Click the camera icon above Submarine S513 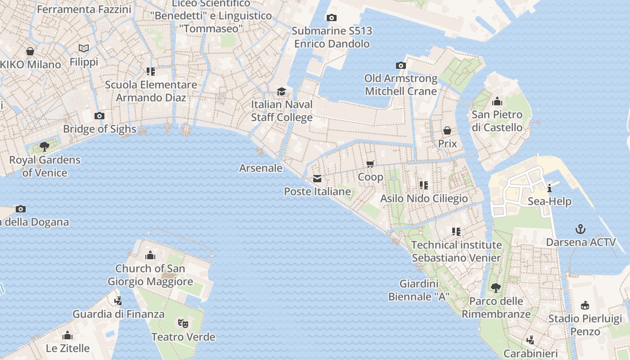coord(331,18)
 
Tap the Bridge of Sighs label coord(99,129)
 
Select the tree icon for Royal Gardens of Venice coord(45,146)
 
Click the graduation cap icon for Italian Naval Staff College coord(282,92)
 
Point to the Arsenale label coord(261,168)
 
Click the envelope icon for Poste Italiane coord(317,179)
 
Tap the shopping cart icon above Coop coord(370,164)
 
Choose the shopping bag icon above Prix coord(447,130)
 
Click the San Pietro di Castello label coord(497,121)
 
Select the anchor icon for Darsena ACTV coord(581,229)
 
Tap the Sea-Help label coord(549,201)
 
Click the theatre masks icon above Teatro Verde coord(183,323)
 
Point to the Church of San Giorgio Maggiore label coord(150,275)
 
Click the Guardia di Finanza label coord(118,314)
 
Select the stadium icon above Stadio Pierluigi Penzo coord(585,305)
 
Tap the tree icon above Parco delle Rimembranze coord(496,287)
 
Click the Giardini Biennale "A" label coord(419,290)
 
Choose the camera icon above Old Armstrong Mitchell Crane coord(401,66)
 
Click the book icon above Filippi coord(84,48)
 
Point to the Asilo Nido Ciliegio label coord(424,198)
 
